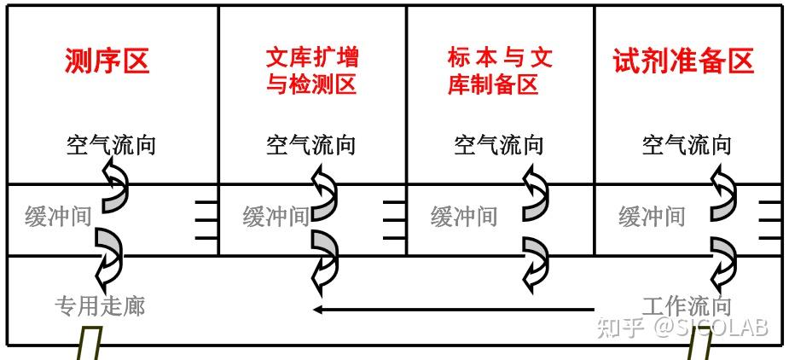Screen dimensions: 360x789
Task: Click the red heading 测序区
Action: [x=107, y=61]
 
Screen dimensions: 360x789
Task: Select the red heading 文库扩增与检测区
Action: [x=311, y=71]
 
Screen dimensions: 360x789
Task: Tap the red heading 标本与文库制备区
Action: [x=500, y=71]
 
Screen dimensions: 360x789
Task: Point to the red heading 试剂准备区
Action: [x=684, y=61]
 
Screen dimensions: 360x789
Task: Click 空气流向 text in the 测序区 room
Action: [x=111, y=144]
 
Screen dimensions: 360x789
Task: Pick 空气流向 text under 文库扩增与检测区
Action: [x=310, y=144]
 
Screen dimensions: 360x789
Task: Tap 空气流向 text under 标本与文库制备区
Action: [x=499, y=144]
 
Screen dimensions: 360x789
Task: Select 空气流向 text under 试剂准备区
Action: [x=687, y=144]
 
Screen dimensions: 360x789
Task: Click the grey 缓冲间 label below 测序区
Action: [x=57, y=216]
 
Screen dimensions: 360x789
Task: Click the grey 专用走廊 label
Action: [x=100, y=305]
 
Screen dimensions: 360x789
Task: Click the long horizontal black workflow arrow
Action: [x=452, y=309]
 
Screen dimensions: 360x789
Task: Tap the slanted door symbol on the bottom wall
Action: [x=89, y=345]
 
